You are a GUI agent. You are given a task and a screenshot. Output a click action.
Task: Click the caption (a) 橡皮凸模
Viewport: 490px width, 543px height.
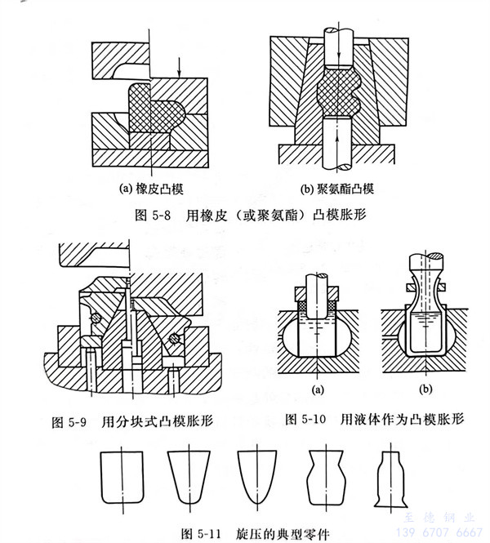coord(151,189)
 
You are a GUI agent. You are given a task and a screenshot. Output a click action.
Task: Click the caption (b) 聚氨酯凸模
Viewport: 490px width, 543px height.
coord(336,189)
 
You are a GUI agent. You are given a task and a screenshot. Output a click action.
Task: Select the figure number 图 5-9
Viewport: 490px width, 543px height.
coord(69,422)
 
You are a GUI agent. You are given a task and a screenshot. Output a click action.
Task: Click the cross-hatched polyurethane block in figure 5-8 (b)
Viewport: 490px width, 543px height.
coord(337,92)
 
